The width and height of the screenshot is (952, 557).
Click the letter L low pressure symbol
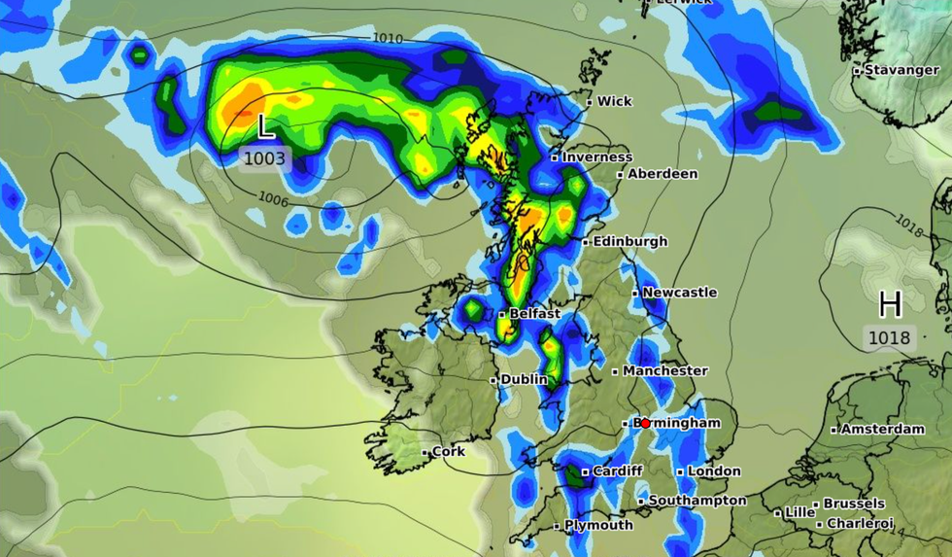[x=265, y=126]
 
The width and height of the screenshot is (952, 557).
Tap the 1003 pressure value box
[x=265, y=157]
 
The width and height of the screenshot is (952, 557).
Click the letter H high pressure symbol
[x=890, y=305]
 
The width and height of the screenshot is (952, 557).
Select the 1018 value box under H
[x=890, y=338]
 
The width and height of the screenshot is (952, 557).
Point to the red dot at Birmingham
[x=645, y=424]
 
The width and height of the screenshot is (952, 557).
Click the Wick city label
[x=614, y=101]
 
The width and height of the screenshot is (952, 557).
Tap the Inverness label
[x=597, y=157]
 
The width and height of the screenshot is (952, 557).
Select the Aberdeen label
[x=663, y=173]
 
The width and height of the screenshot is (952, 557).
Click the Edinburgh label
[x=629, y=241]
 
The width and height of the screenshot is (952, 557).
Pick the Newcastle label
[x=679, y=292]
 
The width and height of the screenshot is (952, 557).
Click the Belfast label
[x=534, y=314]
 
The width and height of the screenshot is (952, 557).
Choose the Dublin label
[x=524, y=379]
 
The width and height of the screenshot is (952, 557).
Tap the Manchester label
[x=664, y=370]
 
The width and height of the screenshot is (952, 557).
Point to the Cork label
[x=448, y=451]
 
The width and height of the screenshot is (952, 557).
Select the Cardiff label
[x=618, y=470]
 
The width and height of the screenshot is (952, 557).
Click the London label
[x=714, y=470]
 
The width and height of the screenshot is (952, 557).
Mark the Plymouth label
[x=598, y=525]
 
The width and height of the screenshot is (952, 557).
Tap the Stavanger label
[x=888, y=70]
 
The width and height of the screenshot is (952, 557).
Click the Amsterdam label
[x=882, y=429]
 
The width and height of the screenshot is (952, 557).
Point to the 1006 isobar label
[x=274, y=198]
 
